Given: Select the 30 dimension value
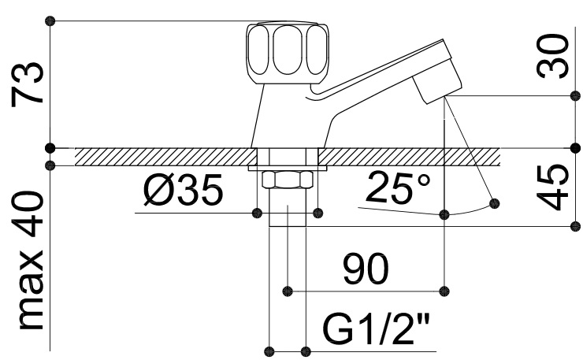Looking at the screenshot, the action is tap(552, 56).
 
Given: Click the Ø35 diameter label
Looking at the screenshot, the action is tap(184, 190).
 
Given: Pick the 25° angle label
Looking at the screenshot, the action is tap(398, 187).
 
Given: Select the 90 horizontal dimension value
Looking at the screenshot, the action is tap(366, 269).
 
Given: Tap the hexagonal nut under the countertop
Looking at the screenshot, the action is tap(286, 180).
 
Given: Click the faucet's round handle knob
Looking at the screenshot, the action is tap(288, 54).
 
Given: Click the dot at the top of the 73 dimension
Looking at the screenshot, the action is tap(50, 20).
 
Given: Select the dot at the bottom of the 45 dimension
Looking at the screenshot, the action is tap(575, 226).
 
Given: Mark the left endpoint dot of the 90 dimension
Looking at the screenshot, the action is tap(288, 291).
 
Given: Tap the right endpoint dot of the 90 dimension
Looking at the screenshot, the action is tap(444, 291).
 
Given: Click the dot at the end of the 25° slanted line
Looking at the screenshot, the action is tap(494, 203).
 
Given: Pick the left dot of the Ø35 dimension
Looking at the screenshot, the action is tap(257, 213).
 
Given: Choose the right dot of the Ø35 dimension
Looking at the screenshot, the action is tap(318, 213).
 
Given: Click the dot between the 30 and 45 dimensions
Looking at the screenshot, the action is tap(575, 147).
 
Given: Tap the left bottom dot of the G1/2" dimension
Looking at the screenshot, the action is tap(269, 351).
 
